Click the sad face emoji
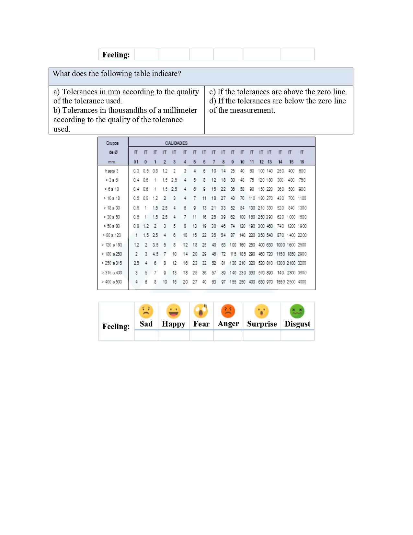[146, 311]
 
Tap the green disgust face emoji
[297, 311]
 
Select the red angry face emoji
[228, 311]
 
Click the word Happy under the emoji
[174, 324]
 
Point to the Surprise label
[262, 324]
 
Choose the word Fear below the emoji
[201, 324]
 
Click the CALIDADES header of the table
[176, 143]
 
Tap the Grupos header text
[112, 143]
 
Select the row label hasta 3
[112, 171]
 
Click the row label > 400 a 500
[112, 282]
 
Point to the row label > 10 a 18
[112, 198]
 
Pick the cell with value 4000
[302, 282]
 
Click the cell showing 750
[302, 180]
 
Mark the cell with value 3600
[302, 273]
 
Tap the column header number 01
[136, 162]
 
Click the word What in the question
[61, 74]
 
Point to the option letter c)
[212, 92]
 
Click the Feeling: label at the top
[116, 55]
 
